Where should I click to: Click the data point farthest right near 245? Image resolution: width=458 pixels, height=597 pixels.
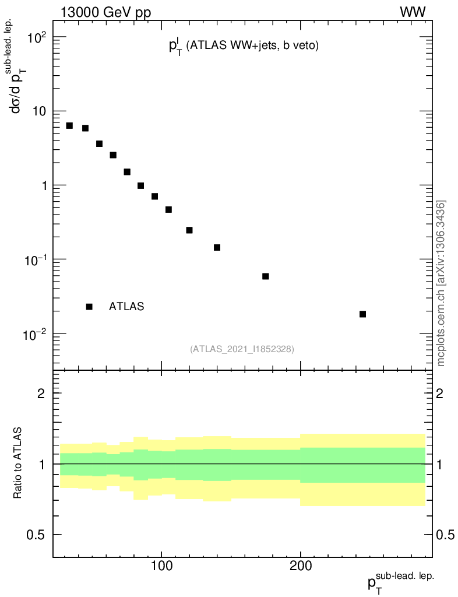click(362, 314)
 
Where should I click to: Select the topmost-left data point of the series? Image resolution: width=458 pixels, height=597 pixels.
click(69, 126)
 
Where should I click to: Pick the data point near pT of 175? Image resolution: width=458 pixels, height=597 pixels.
click(265, 276)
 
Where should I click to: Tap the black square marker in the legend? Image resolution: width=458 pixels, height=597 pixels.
click(89, 307)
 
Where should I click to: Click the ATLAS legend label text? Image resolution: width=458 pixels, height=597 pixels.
click(126, 307)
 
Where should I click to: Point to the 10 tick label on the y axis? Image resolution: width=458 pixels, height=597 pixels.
click(38, 111)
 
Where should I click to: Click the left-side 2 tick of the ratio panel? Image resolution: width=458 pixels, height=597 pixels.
click(41, 393)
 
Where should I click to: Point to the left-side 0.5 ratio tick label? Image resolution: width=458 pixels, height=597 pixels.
click(37, 535)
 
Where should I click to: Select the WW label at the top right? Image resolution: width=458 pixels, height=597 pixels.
click(412, 12)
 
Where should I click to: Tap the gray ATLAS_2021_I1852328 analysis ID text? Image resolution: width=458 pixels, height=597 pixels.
click(242, 349)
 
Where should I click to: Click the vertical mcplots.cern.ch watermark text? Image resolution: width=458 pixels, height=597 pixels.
click(442, 284)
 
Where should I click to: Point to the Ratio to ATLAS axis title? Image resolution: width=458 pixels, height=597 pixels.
click(18, 463)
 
